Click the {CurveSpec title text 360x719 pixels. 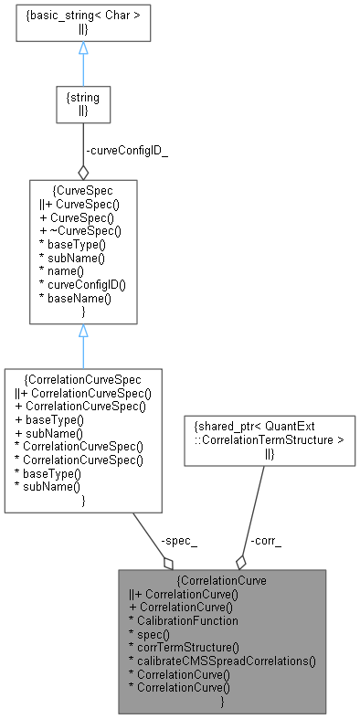(83, 192)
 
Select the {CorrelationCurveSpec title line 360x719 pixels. (83, 377)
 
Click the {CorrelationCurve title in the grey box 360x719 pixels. (222, 579)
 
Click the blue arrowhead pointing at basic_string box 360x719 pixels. (83, 48)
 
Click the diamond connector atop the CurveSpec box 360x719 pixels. (83, 171)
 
